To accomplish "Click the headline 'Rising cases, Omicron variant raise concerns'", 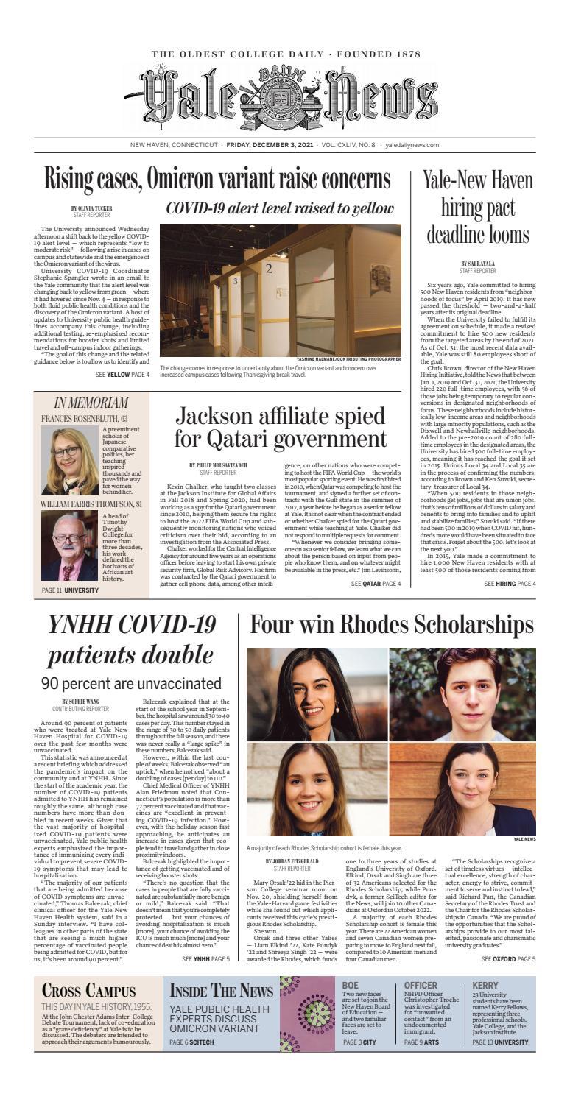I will coord(217,179).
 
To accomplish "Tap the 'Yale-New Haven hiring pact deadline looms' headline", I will coord(477,209).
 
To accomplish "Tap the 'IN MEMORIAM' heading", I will coord(91,403).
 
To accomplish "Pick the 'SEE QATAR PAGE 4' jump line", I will coord(376,584).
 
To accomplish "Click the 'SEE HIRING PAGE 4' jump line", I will coord(510,584).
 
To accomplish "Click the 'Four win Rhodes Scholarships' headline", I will coord(392,625).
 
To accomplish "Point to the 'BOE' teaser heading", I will coord(351,985).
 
